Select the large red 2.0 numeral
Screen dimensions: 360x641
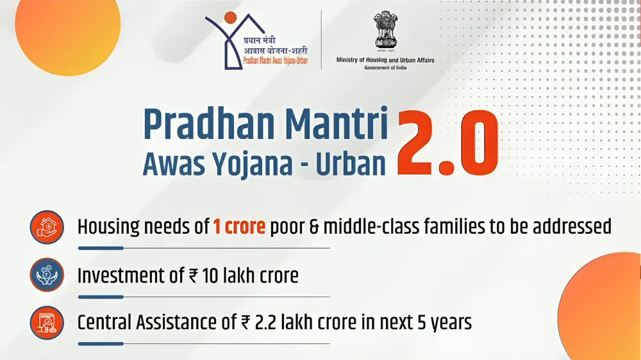coord(448,143)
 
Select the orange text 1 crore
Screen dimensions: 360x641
coord(239,226)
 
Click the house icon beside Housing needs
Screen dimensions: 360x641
coord(47,227)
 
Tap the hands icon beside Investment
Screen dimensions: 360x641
coord(47,275)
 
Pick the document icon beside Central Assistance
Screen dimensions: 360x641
coord(47,322)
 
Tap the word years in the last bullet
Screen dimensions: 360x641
coord(448,322)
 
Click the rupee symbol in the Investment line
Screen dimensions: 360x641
coord(194,276)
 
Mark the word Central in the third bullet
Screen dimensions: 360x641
coord(106,322)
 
